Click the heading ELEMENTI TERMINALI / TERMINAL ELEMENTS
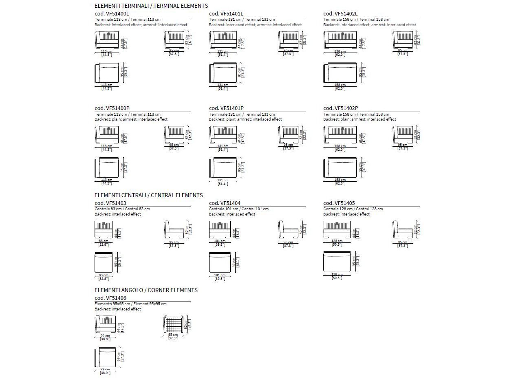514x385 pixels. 151,6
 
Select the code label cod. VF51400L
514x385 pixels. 112,13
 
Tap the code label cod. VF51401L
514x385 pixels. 226,13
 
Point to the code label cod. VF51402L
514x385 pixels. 340,13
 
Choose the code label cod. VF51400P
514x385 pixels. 112,108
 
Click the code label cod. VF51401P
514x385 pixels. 226,108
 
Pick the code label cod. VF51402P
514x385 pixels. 341,108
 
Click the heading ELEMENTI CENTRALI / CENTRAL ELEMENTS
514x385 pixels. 148,195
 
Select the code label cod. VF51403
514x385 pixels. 110,203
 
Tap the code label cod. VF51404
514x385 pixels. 225,203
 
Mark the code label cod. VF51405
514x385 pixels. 339,203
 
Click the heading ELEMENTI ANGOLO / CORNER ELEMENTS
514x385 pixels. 146,290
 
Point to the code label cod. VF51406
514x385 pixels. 110,298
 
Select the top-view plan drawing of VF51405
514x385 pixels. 337,262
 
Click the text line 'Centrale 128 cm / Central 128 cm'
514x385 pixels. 353,209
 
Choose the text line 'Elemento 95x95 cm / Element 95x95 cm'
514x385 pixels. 130,304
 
